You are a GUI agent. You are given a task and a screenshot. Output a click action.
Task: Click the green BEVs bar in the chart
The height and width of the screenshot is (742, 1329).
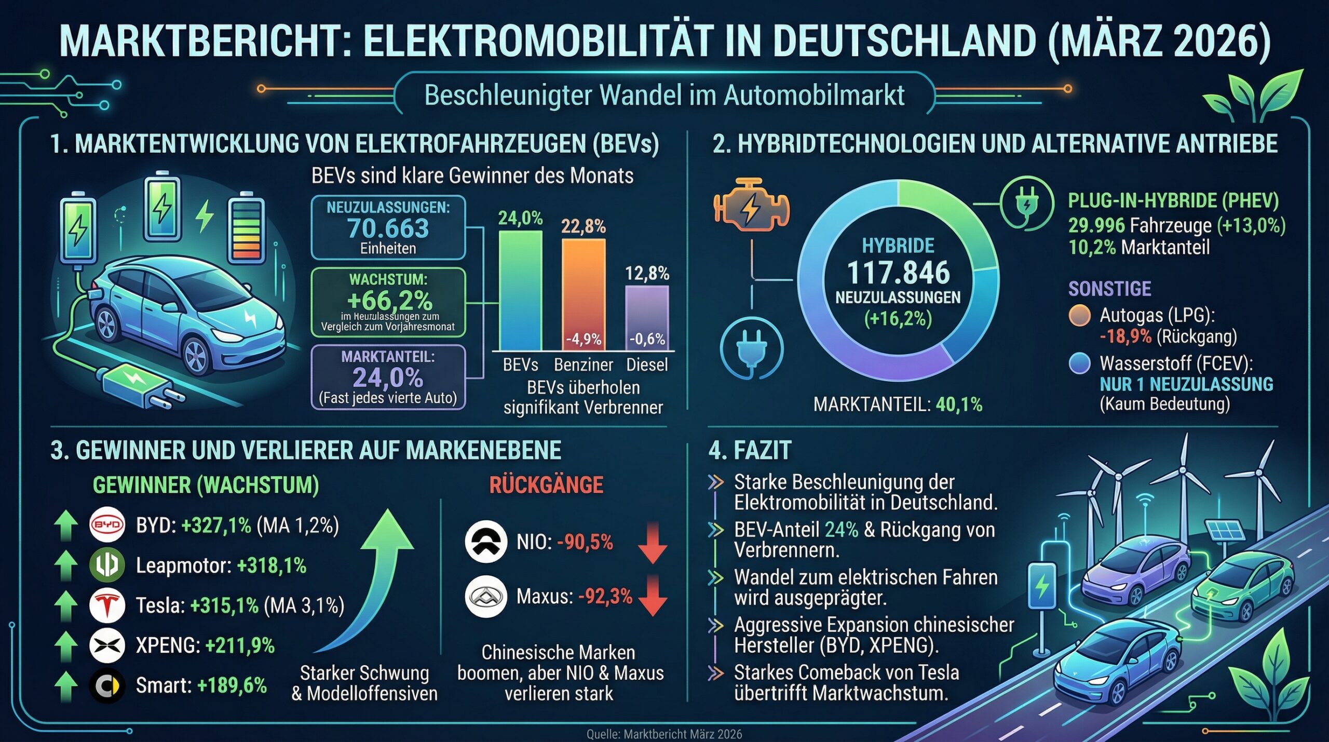click(520, 291)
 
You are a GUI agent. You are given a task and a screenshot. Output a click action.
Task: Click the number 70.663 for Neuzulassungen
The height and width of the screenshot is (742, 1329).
click(388, 228)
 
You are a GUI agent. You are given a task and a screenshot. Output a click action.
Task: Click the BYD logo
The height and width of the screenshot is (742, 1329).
click(107, 525)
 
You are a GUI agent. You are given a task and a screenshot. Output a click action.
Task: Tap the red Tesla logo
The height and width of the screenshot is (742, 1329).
click(107, 605)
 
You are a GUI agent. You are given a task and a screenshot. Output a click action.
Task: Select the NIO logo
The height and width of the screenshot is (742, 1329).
click(486, 542)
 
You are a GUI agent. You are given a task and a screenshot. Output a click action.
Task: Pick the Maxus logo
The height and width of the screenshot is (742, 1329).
click(486, 597)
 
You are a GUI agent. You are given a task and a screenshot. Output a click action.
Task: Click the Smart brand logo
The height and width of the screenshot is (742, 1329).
click(107, 686)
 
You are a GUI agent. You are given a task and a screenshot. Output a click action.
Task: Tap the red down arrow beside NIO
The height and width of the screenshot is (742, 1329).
click(653, 544)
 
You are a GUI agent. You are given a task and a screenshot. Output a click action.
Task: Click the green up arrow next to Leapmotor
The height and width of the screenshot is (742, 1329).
click(66, 565)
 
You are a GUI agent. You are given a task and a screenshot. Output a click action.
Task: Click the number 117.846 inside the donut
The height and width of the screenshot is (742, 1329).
click(898, 273)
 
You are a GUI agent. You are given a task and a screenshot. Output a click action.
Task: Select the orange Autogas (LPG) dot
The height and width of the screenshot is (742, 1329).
click(1080, 316)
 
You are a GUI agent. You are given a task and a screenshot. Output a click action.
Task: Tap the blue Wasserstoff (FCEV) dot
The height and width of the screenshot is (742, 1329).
click(1080, 363)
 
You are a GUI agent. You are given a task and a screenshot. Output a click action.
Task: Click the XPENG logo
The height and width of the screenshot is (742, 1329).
click(107, 645)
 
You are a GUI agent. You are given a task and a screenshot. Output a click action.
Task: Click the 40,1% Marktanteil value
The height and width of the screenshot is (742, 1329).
click(959, 405)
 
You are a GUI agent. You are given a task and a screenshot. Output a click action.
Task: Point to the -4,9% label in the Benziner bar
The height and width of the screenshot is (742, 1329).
click(584, 340)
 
